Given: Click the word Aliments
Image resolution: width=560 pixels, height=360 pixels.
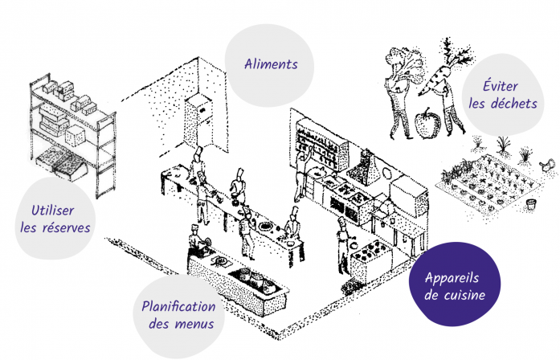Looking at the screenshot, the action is click(x=271, y=64).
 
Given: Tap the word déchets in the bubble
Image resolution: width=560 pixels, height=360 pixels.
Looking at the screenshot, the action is click(x=514, y=104).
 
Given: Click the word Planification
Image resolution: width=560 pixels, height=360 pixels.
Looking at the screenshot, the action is click(x=178, y=307).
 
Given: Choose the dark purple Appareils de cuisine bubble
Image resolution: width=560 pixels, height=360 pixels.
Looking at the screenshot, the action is click(x=455, y=284).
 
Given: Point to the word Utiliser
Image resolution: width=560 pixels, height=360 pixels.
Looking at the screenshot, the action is click(x=53, y=211).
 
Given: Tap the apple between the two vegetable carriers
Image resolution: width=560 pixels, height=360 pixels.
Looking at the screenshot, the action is click(x=427, y=123).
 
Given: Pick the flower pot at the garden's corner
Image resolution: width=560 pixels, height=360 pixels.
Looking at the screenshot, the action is click(x=532, y=205).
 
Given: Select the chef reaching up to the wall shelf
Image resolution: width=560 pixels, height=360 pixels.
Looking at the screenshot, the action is click(x=302, y=175).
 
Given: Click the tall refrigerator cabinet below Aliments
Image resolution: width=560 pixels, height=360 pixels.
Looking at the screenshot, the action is click(x=198, y=121).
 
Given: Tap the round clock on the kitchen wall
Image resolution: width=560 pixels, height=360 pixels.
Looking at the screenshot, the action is click(x=386, y=174).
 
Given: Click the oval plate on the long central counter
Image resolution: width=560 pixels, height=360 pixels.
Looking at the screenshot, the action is click(x=265, y=226).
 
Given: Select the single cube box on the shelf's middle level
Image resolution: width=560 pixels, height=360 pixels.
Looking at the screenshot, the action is click(x=75, y=136).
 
